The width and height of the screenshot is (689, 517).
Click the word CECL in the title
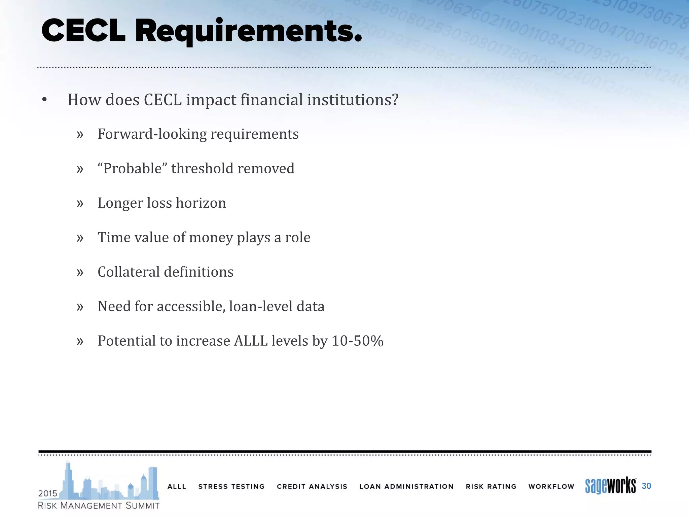click(83, 31)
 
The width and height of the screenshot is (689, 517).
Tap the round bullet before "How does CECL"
click(44, 100)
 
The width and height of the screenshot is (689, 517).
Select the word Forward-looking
click(152, 134)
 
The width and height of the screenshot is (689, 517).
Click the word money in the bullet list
click(211, 238)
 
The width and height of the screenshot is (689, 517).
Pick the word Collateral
click(128, 272)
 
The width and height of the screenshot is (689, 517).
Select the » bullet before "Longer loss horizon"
click(80, 203)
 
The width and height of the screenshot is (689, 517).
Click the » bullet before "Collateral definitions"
click(80, 272)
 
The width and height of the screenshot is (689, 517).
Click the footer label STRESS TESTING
click(231, 486)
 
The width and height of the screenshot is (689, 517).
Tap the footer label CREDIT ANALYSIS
click(312, 486)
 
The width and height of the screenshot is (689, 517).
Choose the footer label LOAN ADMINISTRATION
click(406, 486)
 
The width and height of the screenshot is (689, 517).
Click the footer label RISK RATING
click(491, 486)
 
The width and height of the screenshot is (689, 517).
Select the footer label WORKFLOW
click(551, 486)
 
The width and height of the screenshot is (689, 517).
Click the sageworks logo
click(610, 486)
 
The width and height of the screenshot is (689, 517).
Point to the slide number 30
click(646, 486)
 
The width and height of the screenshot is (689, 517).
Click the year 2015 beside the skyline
click(48, 493)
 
